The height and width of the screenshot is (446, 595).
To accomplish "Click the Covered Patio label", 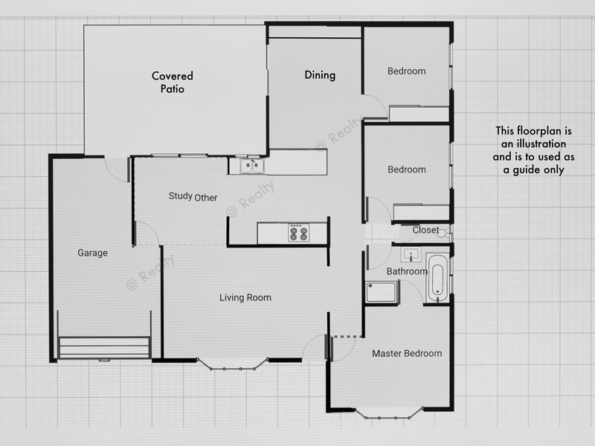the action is tap(173, 82).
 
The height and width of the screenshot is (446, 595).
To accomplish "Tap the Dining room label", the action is tap(320, 75).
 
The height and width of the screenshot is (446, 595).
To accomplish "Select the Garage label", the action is tap(92, 253).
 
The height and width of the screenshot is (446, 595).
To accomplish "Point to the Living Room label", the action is tap(245, 297).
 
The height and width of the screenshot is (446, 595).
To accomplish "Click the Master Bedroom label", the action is tap(407, 354).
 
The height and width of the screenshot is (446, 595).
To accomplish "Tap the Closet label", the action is tap(425, 230).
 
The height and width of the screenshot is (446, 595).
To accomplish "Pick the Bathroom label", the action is tap(407, 271).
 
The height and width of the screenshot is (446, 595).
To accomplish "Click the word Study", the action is tap(180, 196).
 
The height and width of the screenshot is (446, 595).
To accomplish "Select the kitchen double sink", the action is tap(252, 166).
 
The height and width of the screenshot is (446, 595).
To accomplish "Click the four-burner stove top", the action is tap(298, 233).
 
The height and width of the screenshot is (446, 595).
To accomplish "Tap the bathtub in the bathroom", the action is tap(437, 279).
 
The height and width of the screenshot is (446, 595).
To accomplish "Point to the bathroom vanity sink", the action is tap(411, 254).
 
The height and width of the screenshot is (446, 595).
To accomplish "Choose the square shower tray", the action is tap(382, 292).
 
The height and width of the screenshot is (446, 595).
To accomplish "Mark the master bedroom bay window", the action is tap(387, 413).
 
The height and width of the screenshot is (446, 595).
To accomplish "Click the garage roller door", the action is tap(104, 348).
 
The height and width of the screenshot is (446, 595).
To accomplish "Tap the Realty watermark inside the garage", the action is tap(150, 272).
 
